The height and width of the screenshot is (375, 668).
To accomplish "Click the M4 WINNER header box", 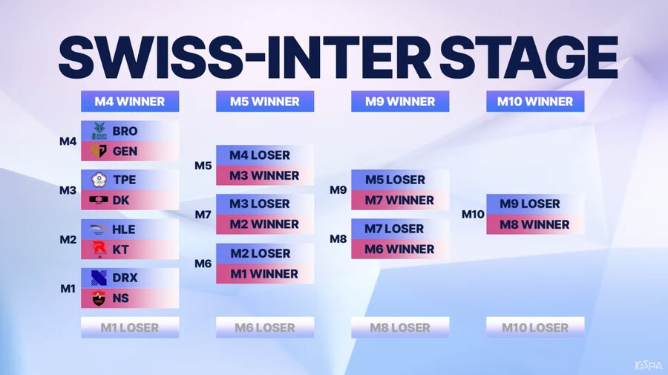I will coord(130,102).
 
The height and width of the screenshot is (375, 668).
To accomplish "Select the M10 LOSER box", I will coord(535,327).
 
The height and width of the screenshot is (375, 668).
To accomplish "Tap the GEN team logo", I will coord(99,151).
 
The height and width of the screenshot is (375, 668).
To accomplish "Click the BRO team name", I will coord(125,131).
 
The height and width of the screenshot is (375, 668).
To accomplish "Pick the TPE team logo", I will coord(99,180).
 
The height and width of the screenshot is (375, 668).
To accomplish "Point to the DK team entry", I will coord(130,200).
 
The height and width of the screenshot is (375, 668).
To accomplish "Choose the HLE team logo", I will coord(99,229).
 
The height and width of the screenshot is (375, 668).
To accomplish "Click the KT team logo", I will coord(99,250).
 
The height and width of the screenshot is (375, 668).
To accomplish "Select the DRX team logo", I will coord(99,278).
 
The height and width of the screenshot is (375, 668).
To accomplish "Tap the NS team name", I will coord(121,299).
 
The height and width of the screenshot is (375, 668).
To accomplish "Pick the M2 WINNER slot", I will coord(265,224).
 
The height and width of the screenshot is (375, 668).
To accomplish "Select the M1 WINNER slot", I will coord(265,274).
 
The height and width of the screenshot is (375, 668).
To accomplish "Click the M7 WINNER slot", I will coord(400,200).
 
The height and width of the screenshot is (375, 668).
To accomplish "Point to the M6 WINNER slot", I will coord(400,250).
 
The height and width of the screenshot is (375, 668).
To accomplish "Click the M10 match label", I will coord(473,214).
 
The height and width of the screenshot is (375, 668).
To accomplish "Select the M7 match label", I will coord(203,214).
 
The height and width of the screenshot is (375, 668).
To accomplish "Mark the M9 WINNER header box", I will coord(400,102).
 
